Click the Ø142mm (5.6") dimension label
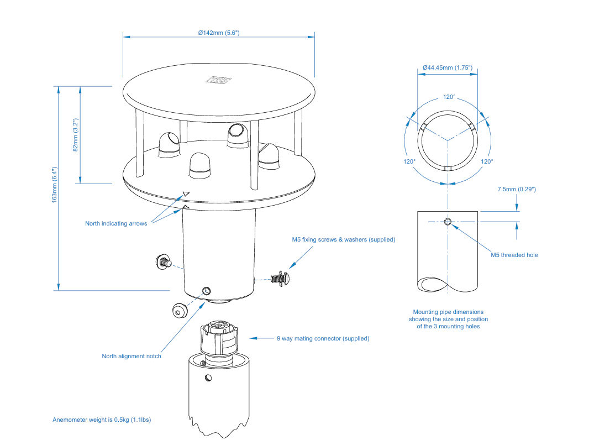(219, 33)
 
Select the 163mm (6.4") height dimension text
(55, 185)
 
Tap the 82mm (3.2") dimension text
(76, 135)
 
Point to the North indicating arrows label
(116, 223)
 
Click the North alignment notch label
(132, 356)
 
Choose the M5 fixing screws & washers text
(344, 240)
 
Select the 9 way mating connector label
(323, 338)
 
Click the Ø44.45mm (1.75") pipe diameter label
(448, 67)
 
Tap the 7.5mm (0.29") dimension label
(517, 190)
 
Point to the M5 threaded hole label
(514, 255)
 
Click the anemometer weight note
(102, 420)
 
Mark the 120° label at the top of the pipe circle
(449, 97)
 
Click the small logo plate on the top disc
(218, 80)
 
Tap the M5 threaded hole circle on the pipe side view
(448, 222)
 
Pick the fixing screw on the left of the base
(164, 261)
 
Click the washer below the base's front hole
(180, 310)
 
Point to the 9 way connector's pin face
(218, 326)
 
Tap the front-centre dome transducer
(200, 166)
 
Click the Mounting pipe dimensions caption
(448, 319)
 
